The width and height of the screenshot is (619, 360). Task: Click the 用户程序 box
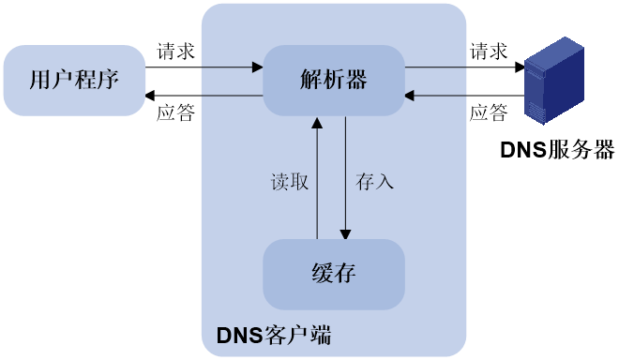coord(74,80)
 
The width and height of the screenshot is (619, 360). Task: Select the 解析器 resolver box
coord(334,80)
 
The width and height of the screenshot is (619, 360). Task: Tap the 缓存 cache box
coord(334,274)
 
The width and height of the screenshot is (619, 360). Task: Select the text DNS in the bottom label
coord(240,335)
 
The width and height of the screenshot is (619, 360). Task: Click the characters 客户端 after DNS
coord(298,335)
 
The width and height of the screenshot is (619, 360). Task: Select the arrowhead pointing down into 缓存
coord(346,233)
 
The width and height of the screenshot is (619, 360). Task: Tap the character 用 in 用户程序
coord(40,80)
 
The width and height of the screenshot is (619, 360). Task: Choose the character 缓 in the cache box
coord(323,274)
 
